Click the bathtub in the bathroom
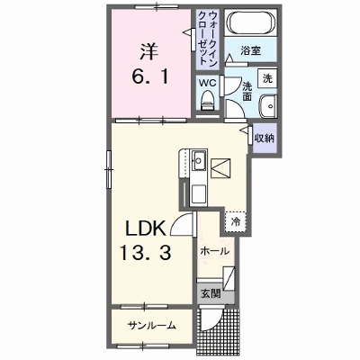(251, 22)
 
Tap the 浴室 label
(250, 50)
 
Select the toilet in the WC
(207, 101)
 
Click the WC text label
(208, 83)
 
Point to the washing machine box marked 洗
(267, 78)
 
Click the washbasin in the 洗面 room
(267, 106)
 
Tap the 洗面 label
(247, 91)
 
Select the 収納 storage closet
(265, 138)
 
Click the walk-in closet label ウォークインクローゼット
(208, 38)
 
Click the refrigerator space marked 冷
(236, 222)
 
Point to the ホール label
(215, 251)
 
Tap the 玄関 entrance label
(211, 293)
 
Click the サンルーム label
(151, 325)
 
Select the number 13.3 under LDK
(146, 252)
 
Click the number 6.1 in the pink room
(150, 76)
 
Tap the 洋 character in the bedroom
(149, 51)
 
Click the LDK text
(146, 229)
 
